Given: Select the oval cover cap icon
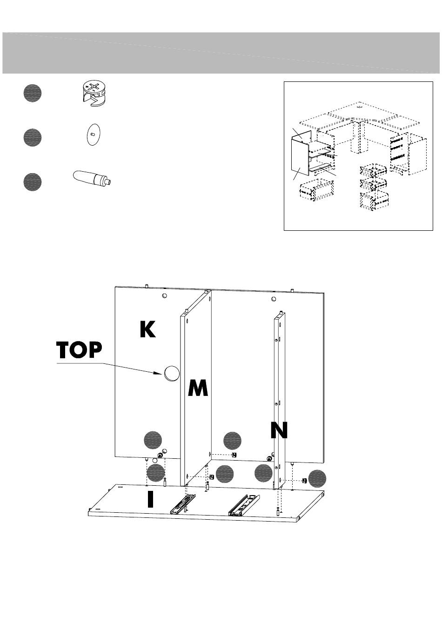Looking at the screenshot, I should (x=93, y=134).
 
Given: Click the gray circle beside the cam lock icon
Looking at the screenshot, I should (x=32, y=93).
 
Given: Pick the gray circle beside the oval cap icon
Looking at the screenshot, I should (x=32, y=137).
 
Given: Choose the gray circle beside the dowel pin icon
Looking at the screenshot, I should (x=32, y=181).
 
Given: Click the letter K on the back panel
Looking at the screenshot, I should (x=147, y=329).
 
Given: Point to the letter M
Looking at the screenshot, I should (x=198, y=388).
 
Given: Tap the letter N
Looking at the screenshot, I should (x=279, y=430).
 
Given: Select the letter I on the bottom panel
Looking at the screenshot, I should (x=150, y=499).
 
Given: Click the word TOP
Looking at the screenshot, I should (x=79, y=350).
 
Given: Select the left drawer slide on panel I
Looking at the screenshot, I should (x=183, y=503).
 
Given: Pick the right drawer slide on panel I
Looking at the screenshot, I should (x=243, y=505).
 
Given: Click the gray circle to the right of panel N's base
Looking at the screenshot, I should (x=317, y=478).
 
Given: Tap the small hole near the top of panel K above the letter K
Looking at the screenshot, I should (x=164, y=296).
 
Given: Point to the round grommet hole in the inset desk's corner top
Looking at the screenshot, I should (x=361, y=106).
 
